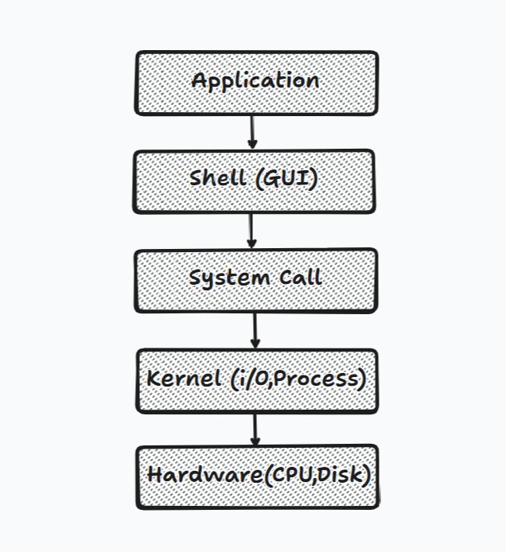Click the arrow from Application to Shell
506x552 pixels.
(252, 132)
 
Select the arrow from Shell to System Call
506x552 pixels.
(251, 230)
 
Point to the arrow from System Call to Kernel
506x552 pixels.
(255, 331)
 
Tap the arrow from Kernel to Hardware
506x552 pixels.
(255, 430)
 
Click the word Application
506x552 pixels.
(255, 81)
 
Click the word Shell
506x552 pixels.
(218, 178)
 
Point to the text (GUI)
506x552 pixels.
(286, 178)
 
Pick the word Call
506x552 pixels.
(301, 278)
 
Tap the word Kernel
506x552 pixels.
(184, 379)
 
